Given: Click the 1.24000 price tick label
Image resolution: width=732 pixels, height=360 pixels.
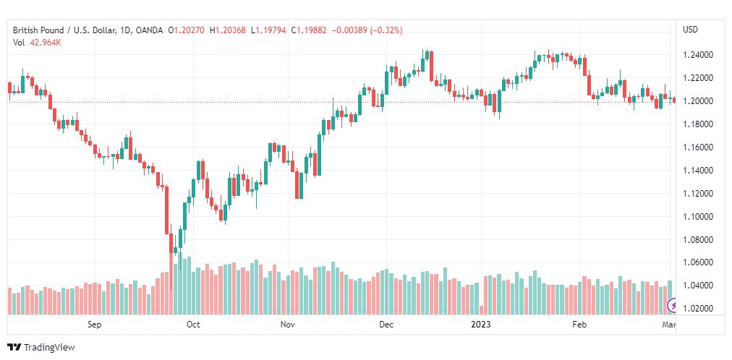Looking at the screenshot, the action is [x=698, y=55].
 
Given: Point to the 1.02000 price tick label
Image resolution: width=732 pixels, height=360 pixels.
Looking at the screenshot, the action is [x=698, y=308].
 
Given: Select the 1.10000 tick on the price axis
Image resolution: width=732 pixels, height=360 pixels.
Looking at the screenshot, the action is [x=698, y=216].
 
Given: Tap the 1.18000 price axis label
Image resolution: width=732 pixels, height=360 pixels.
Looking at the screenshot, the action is [x=698, y=124].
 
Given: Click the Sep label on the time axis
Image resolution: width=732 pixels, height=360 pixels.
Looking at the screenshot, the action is [x=94, y=325].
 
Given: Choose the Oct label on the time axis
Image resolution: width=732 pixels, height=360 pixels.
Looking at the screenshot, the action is [x=193, y=325].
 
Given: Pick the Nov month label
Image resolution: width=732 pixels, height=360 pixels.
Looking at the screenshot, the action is [x=288, y=325].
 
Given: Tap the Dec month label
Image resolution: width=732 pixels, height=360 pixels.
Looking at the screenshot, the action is [x=386, y=325].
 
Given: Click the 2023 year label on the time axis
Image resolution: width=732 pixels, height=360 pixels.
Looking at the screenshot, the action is [x=481, y=325].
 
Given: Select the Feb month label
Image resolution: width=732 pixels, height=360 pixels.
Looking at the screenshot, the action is [x=579, y=325].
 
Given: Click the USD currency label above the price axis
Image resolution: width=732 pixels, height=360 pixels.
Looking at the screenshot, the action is [x=691, y=30].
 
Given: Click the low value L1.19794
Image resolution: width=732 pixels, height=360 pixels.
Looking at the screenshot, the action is [x=268, y=30].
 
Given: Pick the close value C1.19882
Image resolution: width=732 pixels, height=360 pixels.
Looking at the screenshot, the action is [x=310, y=30].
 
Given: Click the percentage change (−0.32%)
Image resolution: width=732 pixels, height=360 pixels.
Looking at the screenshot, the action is [x=386, y=30].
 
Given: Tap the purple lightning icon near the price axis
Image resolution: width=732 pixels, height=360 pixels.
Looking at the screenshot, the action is [x=673, y=306].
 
